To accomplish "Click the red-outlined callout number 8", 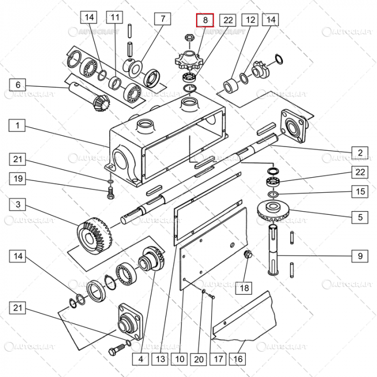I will (205, 20).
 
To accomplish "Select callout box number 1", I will (18, 125).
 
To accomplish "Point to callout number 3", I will (18, 205).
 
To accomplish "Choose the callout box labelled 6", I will (18, 85).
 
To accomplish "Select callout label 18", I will (245, 288).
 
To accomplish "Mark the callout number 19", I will (18, 178).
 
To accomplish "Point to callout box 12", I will (249, 20).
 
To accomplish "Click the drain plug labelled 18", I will (249, 254).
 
